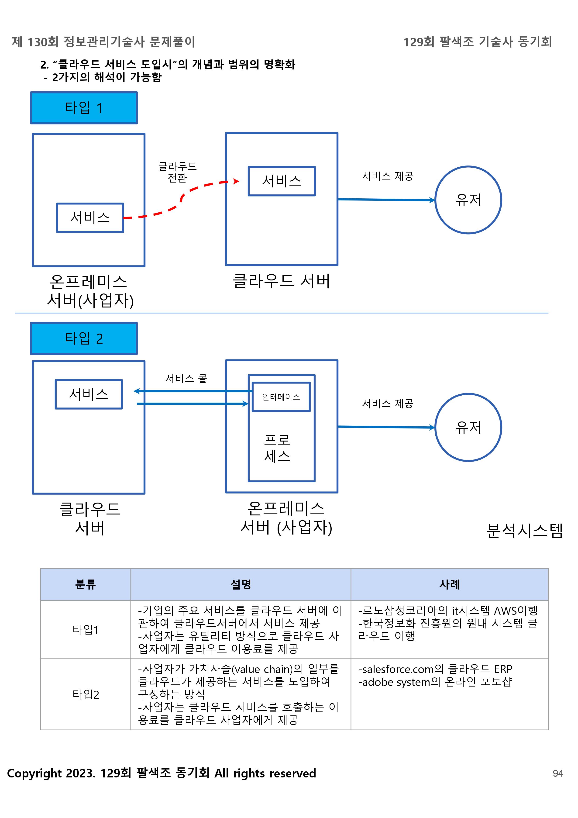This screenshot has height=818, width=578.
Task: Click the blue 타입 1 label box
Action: (x=84, y=108)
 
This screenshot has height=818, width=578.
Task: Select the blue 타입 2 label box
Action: (x=84, y=338)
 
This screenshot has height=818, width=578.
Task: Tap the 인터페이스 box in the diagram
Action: (x=281, y=397)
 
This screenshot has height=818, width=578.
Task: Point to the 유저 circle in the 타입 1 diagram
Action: (x=468, y=200)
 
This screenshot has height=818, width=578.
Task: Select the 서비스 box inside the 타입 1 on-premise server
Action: (x=90, y=218)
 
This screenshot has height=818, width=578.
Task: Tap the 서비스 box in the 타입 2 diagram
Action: (x=89, y=394)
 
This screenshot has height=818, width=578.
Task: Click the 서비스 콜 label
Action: (x=186, y=378)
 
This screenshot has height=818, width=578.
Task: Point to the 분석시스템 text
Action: (x=524, y=531)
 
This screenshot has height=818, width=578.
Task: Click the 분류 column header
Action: (x=86, y=584)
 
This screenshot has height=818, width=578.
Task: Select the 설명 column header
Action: (x=241, y=584)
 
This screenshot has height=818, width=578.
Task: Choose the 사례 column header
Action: (x=449, y=584)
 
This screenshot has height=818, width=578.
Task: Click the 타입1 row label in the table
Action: (x=86, y=630)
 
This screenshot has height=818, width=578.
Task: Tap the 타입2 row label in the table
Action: (x=86, y=694)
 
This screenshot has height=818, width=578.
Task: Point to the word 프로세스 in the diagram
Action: (x=277, y=448)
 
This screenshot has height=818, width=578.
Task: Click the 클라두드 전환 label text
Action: (x=177, y=172)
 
